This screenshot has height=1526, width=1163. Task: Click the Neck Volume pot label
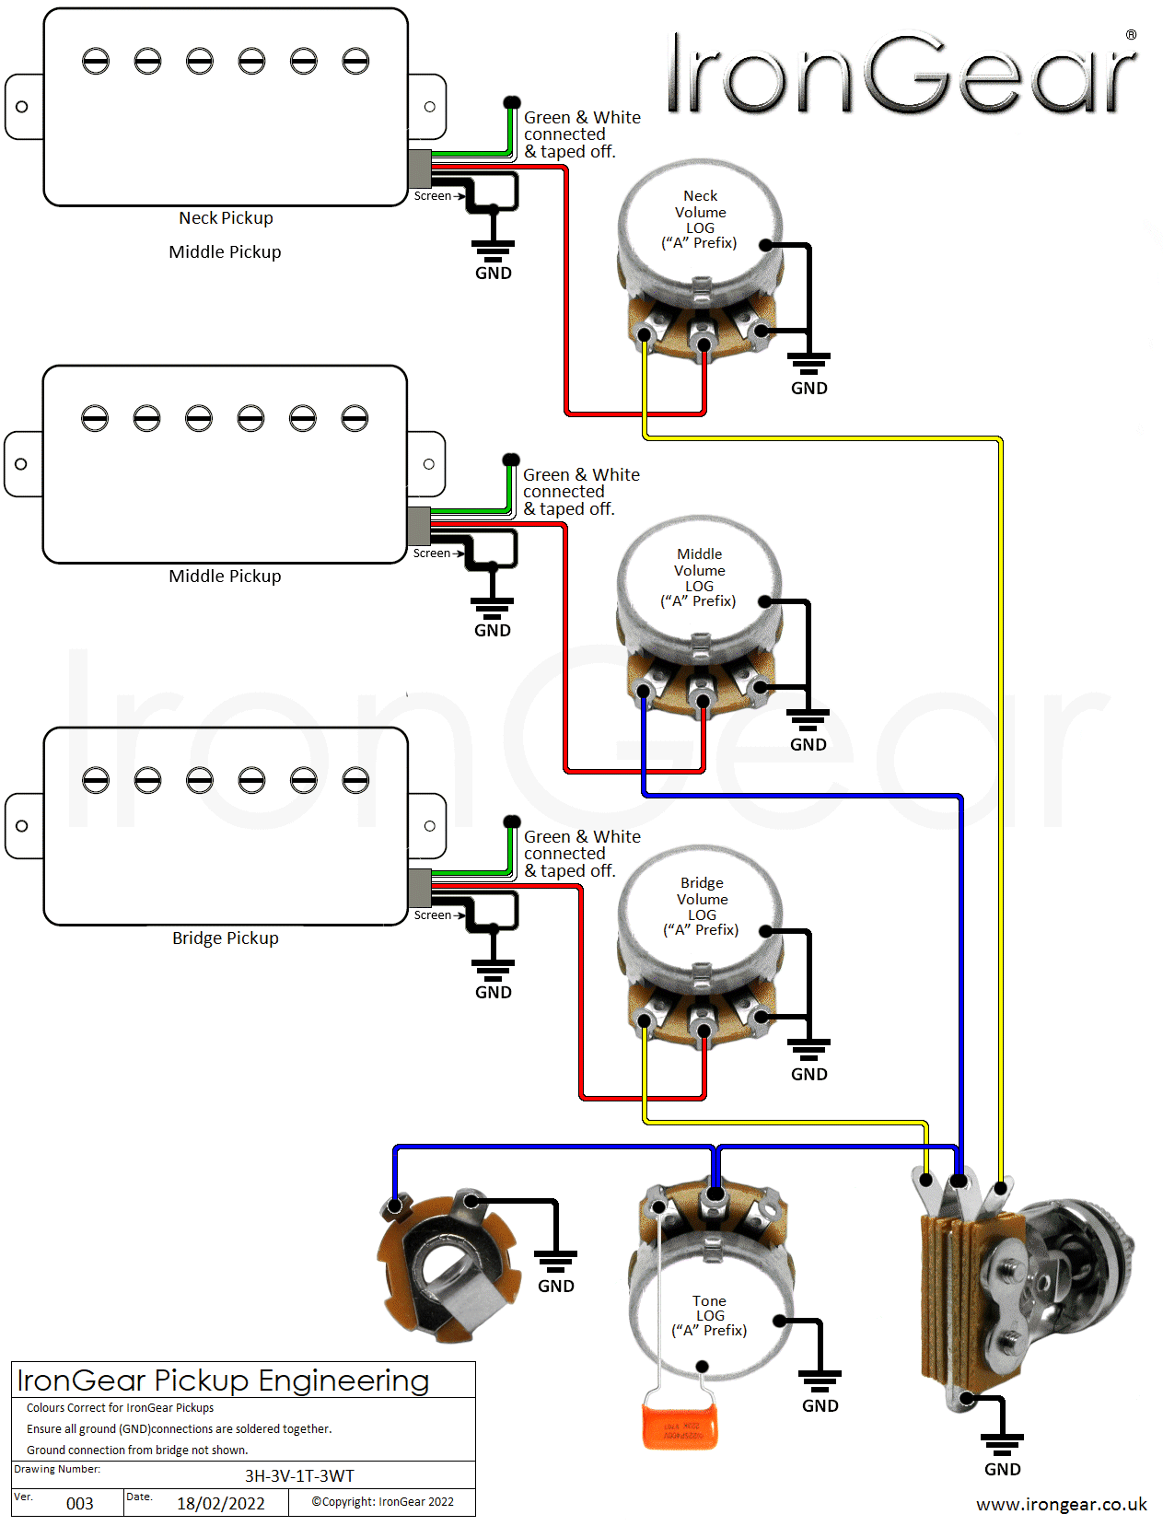click(x=700, y=219)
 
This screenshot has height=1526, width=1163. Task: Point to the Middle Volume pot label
click(x=699, y=577)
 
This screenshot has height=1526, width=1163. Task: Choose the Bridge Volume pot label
click(x=702, y=906)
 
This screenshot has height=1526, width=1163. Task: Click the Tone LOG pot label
click(x=709, y=1315)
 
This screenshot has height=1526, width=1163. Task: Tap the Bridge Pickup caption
click(x=226, y=938)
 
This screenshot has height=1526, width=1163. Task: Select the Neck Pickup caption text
click(x=226, y=217)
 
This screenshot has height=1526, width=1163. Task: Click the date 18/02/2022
click(x=221, y=1503)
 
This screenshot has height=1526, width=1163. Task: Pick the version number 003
click(x=80, y=1503)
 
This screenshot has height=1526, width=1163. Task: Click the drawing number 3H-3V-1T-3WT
click(x=299, y=1475)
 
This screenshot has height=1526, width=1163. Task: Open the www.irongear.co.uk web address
click(x=1061, y=1504)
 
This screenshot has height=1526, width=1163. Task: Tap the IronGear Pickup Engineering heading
click(x=223, y=1380)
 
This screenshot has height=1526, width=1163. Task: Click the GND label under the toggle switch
click(x=1002, y=1469)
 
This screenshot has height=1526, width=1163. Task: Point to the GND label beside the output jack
click(x=555, y=1286)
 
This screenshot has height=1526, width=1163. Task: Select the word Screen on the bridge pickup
click(x=432, y=914)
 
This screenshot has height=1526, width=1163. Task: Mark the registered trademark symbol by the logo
click(x=1131, y=35)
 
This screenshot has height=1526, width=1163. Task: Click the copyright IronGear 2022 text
click(x=382, y=1501)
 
